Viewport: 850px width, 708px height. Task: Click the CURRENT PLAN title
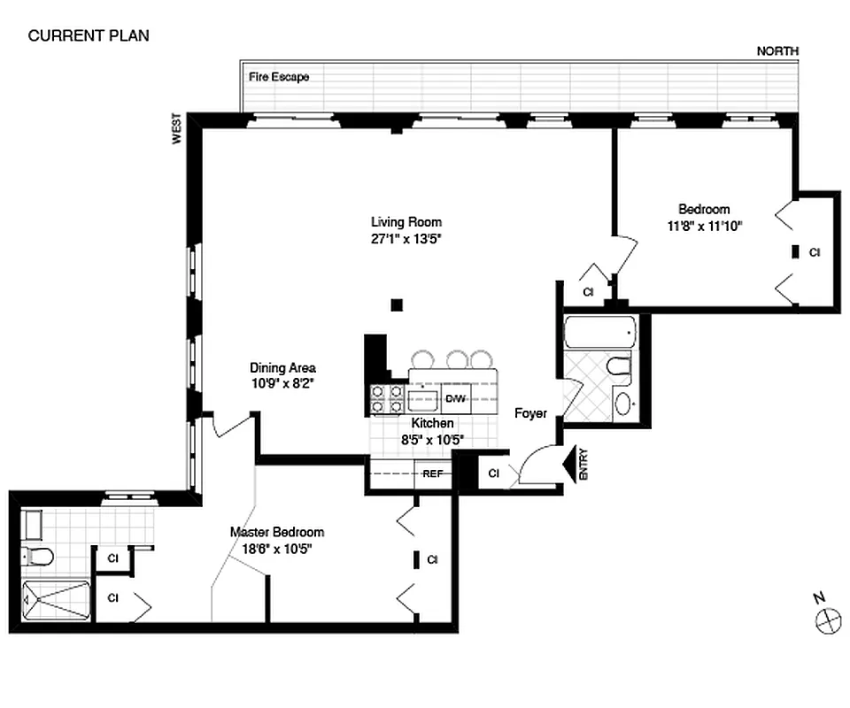coord(89,36)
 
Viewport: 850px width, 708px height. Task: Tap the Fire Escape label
coord(279,77)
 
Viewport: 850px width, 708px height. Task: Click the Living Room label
coord(406,222)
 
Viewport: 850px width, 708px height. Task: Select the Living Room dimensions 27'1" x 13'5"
coord(406,237)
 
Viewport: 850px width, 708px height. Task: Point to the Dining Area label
coord(282,368)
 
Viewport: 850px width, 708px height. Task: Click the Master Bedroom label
coord(277,532)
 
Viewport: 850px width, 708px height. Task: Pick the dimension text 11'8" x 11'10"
coord(704,225)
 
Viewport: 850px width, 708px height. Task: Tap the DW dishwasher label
coord(455,399)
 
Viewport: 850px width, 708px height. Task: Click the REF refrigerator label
coord(432,473)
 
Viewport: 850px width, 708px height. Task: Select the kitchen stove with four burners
coord(388,399)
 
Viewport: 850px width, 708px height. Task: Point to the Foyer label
coord(530,413)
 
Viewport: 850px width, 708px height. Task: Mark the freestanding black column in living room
coord(397,305)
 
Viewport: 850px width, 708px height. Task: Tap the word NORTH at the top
coord(777,51)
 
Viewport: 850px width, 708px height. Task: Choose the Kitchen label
coord(432,424)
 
